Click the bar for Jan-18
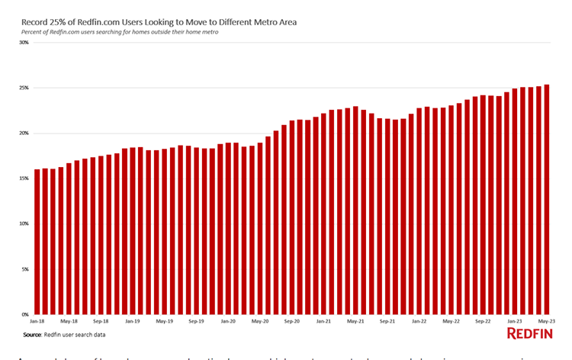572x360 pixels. (37, 242)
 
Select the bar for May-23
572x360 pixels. (546, 199)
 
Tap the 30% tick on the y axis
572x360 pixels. (24, 43)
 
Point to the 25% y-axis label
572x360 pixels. (24, 88)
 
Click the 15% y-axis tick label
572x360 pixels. (24, 178)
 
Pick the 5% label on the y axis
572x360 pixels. (24, 269)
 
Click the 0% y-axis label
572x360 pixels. (24, 314)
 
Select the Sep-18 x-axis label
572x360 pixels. (101, 321)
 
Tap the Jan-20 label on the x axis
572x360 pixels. (228, 321)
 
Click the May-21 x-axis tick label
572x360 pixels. (355, 321)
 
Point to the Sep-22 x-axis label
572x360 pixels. (483, 321)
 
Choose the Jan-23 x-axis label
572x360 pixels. (515, 321)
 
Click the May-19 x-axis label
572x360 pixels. (164, 321)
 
